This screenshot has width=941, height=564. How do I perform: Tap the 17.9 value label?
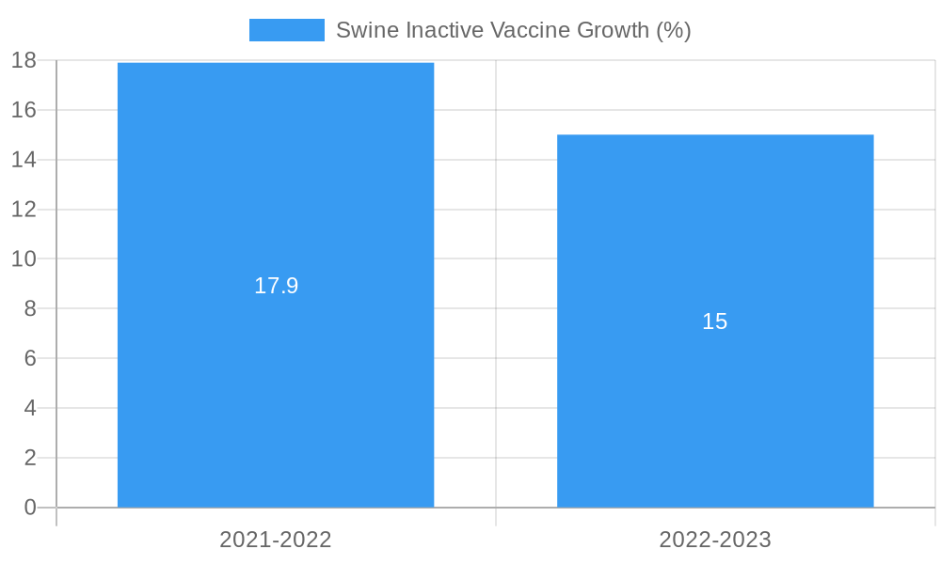point(276,286)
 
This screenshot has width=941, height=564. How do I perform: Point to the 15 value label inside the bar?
point(715,321)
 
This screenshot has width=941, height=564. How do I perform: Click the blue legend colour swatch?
point(286,30)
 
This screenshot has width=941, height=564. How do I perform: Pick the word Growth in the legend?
point(613,30)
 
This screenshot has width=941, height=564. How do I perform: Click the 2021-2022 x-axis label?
point(276,540)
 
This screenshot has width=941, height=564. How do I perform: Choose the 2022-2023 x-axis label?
point(715,540)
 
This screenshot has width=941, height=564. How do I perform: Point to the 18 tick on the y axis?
point(24,61)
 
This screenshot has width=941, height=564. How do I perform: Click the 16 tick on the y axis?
point(24,110)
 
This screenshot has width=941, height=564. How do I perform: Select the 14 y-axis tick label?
point(24,160)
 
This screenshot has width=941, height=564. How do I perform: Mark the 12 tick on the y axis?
point(24,210)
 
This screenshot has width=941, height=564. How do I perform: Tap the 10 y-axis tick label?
point(24,258)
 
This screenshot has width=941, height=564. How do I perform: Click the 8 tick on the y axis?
point(29,308)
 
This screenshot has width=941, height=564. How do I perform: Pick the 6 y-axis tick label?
point(29,358)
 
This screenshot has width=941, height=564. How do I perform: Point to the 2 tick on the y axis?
point(29,458)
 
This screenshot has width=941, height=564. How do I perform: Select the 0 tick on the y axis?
point(29,508)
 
